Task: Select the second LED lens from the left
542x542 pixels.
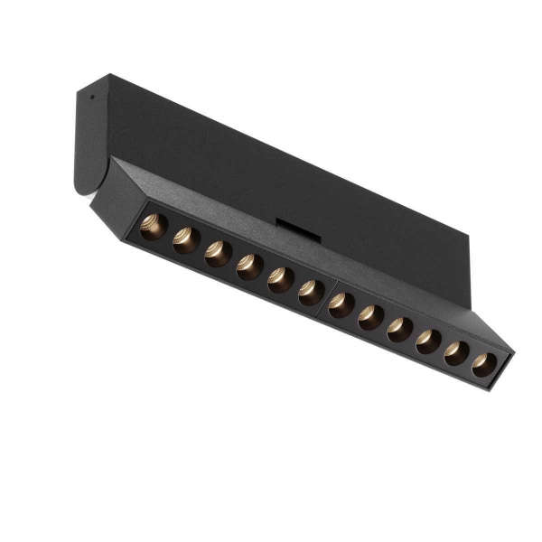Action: click(186, 239)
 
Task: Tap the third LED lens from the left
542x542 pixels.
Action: click(218, 253)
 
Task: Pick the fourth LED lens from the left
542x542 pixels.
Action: click(249, 267)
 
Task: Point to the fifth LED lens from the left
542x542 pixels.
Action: click(280, 281)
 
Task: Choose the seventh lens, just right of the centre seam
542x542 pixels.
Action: click(341, 305)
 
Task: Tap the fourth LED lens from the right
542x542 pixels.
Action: click(400, 331)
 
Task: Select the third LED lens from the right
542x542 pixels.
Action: click(428, 343)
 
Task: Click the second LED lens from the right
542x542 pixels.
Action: click(457, 354)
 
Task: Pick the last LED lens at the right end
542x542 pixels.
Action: click(484, 366)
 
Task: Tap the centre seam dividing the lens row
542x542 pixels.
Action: click(326, 298)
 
